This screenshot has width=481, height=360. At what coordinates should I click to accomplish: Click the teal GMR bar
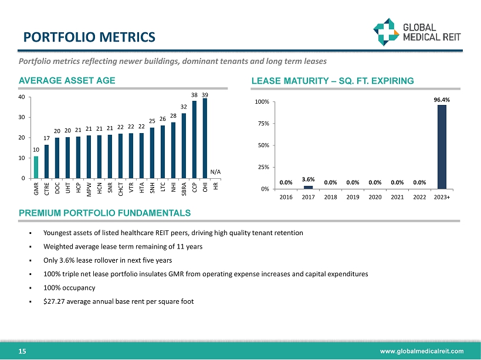click(x=36, y=167)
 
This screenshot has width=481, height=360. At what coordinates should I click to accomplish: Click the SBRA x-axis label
click(x=184, y=189)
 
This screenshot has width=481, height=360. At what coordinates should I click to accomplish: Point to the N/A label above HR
click(x=215, y=171)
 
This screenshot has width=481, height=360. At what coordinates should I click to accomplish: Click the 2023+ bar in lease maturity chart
click(x=442, y=147)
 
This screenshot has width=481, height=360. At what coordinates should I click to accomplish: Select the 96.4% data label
click(x=442, y=100)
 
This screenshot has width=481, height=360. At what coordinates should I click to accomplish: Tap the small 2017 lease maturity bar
click(x=308, y=187)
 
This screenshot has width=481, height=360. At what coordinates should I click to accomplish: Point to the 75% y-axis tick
click(x=263, y=124)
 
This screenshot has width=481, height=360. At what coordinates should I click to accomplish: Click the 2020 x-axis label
click(x=375, y=198)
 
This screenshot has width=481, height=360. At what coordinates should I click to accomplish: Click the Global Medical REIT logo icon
click(x=387, y=31)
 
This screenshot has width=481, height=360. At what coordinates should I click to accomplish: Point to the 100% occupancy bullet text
click(x=69, y=288)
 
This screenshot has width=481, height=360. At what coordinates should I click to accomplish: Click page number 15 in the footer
click(x=22, y=351)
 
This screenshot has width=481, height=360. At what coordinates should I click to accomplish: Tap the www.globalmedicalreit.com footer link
click(x=421, y=351)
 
